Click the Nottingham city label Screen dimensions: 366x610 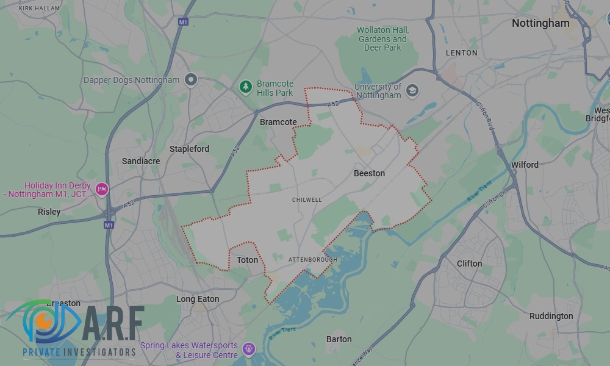(x=540, y=23)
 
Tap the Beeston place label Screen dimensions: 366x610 (x=369, y=173)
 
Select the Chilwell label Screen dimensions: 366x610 (x=307, y=200)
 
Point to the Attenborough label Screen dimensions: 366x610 (x=312, y=260)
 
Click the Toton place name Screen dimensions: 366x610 (x=247, y=260)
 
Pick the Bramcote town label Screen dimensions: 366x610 (x=278, y=122)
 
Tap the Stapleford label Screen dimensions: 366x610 (x=189, y=149)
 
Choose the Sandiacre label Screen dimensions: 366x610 (x=141, y=161)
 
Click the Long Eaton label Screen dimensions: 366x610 (x=198, y=299)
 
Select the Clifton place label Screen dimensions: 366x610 (x=469, y=264)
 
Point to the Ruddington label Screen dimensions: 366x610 (x=551, y=316)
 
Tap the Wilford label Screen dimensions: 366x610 (x=525, y=165)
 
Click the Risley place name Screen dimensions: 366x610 (x=49, y=212)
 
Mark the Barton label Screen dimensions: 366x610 (x=339, y=339)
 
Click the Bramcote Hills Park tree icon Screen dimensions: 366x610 (x=246, y=87)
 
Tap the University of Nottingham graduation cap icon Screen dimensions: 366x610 (x=412, y=91)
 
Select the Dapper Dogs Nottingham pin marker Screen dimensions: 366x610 (x=192, y=80)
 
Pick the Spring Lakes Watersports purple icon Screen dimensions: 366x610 (x=248, y=350)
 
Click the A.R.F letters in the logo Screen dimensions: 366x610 (x=113, y=322)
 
